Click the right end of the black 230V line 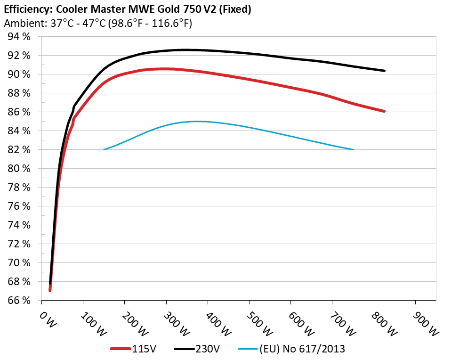(385, 71)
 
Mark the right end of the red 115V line (385, 111)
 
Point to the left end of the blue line (104, 149)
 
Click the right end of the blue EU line (353, 149)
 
